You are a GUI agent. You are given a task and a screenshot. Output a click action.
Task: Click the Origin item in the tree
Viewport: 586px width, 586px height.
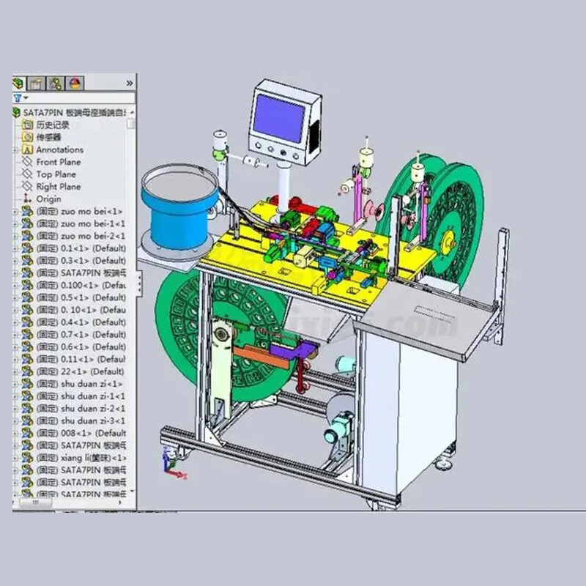pos(48,199)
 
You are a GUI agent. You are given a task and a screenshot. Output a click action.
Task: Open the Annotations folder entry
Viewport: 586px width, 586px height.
pos(59,149)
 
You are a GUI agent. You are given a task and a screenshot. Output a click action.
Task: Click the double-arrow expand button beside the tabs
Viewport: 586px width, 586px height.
pos(130,83)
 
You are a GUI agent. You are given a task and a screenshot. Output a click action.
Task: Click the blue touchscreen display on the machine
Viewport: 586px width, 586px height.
pos(278,118)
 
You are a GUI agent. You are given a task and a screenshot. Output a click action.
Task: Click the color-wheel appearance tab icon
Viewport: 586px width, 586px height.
pos(75,83)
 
